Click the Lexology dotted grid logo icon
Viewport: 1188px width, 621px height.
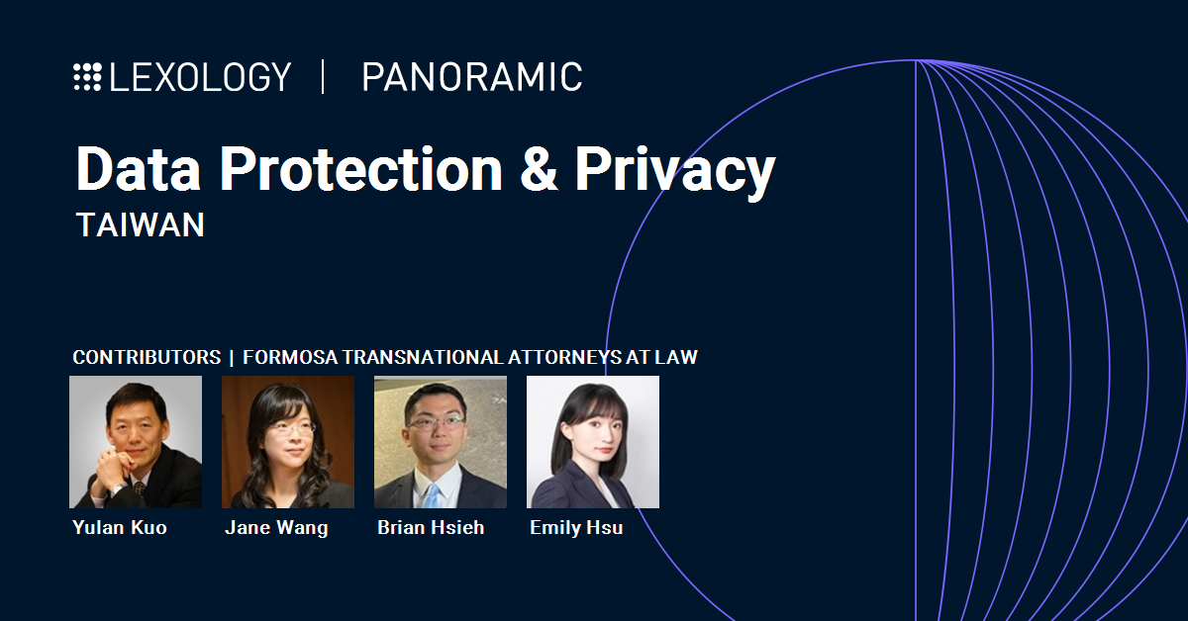[x=87, y=77]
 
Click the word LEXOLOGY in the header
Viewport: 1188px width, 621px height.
[x=200, y=77]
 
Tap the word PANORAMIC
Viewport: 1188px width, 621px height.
[x=472, y=77]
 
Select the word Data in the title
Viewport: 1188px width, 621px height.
[x=139, y=168]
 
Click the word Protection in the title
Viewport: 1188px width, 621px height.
[x=361, y=168]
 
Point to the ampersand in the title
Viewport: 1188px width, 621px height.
[x=539, y=168]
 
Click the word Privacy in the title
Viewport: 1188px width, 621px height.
[x=675, y=172]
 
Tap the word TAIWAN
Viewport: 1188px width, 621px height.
[x=141, y=224]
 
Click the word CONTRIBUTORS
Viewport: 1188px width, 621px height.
[x=147, y=357]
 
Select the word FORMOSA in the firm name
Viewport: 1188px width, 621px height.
[x=290, y=357]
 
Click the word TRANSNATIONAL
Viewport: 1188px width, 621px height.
[x=423, y=357]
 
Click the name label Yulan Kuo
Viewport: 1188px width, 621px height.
[x=120, y=527]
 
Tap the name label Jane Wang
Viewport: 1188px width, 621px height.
[x=277, y=528]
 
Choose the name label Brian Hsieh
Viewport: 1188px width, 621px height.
[x=431, y=527]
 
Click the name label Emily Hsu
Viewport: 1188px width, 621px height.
[x=576, y=528]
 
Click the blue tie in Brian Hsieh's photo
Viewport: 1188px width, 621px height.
[x=433, y=496]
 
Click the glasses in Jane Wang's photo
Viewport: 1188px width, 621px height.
[x=291, y=427]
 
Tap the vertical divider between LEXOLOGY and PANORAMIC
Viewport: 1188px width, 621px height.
[x=323, y=77]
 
